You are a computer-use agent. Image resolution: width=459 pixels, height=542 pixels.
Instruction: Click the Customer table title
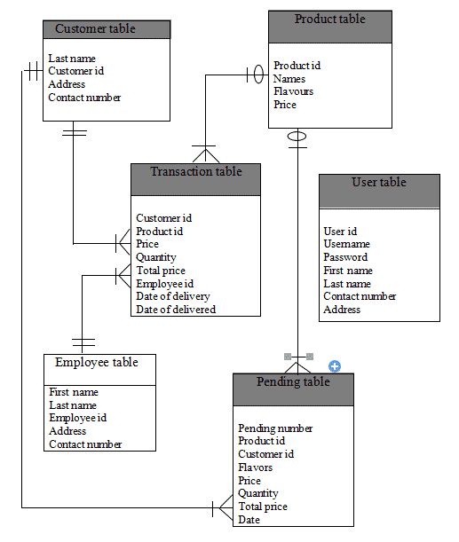pyautogui.click(x=95, y=29)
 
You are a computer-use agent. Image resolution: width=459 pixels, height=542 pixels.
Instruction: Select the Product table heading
pyautogui.click(x=329, y=19)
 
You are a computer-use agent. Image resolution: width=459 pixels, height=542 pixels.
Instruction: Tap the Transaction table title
pyautogui.click(x=195, y=171)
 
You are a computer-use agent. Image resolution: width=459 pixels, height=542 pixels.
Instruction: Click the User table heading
pyautogui.click(x=378, y=183)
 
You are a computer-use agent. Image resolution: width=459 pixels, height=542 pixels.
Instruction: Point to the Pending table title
pyautogui.click(x=293, y=381)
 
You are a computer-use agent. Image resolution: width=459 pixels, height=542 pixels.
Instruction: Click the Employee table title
pyautogui.click(x=96, y=362)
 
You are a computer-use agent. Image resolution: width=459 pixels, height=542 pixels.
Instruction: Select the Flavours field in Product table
pyautogui.click(x=293, y=91)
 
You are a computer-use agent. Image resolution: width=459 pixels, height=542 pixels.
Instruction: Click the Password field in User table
pyautogui.click(x=345, y=257)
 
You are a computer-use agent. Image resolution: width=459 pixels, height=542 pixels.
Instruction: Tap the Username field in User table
pyautogui.click(x=346, y=244)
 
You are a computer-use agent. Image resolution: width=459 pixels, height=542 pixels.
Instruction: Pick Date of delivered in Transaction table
pyautogui.click(x=176, y=310)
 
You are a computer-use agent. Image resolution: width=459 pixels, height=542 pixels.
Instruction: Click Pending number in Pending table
pyautogui.click(x=275, y=428)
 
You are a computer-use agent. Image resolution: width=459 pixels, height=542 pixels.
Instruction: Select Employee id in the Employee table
pyautogui.click(x=77, y=418)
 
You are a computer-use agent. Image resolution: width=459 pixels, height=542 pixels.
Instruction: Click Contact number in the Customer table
pyautogui.click(x=84, y=98)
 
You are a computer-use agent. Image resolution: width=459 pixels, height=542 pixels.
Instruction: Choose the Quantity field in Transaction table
pyautogui.click(x=155, y=257)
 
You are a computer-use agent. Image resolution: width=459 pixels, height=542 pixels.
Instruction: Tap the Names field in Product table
pyautogui.click(x=289, y=79)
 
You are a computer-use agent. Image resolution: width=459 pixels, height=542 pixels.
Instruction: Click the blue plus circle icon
pyautogui.click(x=335, y=365)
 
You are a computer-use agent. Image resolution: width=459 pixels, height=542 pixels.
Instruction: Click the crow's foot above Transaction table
pyautogui.click(x=205, y=153)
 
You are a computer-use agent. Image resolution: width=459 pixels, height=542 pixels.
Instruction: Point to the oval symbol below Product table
pyautogui.click(x=297, y=137)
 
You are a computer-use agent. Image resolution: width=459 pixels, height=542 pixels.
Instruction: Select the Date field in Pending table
pyautogui.click(x=249, y=520)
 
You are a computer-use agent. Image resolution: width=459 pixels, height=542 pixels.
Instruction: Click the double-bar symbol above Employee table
pyautogui.click(x=83, y=341)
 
